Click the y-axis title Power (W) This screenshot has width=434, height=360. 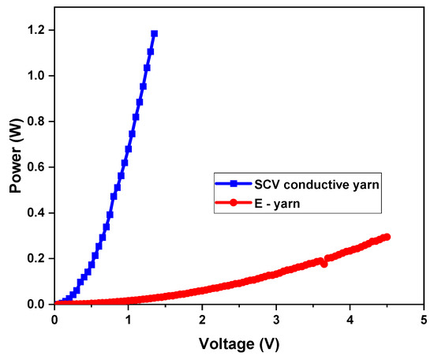click(x=16, y=156)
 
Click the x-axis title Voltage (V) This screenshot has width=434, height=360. click(x=238, y=344)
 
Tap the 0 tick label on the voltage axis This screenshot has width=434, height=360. click(x=54, y=320)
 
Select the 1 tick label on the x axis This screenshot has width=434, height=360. click(x=128, y=320)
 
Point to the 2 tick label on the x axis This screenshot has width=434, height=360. click(x=202, y=320)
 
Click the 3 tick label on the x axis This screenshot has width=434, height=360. click(x=275, y=320)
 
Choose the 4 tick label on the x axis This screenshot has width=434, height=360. click(x=350, y=320)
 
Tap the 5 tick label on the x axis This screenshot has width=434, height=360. click(x=424, y=320)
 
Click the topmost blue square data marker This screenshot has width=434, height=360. click(x=154, y=34)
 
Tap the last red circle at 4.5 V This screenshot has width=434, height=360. click(x=387, y=237)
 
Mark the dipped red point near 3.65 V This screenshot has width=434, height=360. click(x=324, y=264)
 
